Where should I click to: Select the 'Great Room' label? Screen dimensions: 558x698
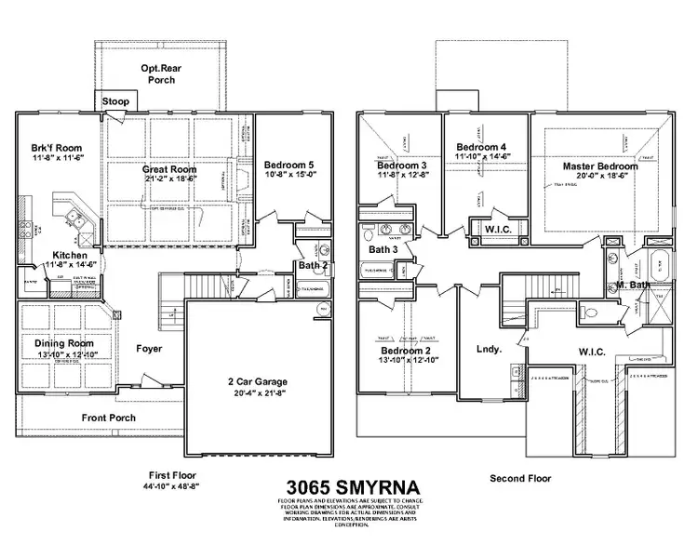click(x=169, y=170)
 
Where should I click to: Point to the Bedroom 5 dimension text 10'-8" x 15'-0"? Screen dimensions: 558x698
click(x=291, y=173)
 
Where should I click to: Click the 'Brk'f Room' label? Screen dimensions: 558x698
click(x=57, y=148)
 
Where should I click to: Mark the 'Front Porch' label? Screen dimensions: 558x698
click(x=110, y=418)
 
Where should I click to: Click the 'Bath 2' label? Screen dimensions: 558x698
click(x=311, y=266)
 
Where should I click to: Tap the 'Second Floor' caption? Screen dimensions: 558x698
click(x=521, y=478)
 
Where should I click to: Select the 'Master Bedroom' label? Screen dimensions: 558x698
click(x=600, y=166)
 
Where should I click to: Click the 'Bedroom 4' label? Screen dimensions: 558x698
click(x=481, y=147)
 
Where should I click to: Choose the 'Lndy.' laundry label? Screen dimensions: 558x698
click(x=490, y=351)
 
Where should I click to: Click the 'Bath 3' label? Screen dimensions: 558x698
click(x=383, y=249)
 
